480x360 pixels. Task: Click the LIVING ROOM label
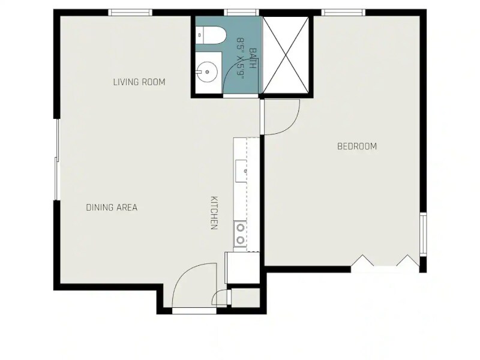point(139,82)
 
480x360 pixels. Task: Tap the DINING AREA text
point(112,208)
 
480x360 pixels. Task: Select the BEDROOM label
point(357,146)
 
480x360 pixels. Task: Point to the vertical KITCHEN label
point(214,213)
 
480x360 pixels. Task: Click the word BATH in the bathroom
point(253,58)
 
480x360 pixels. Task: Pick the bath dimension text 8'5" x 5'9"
point(241,58)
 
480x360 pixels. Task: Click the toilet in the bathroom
point(211,36)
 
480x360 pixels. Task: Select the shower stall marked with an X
point(286,55)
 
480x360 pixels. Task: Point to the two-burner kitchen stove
point(240,233)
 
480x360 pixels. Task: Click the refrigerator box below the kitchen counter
point(242,268)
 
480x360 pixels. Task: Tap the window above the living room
point(130,12)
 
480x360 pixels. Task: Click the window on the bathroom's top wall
point(241,12)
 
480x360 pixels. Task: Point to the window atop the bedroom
point(343,12)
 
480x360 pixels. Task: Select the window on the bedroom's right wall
point(423,235)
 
